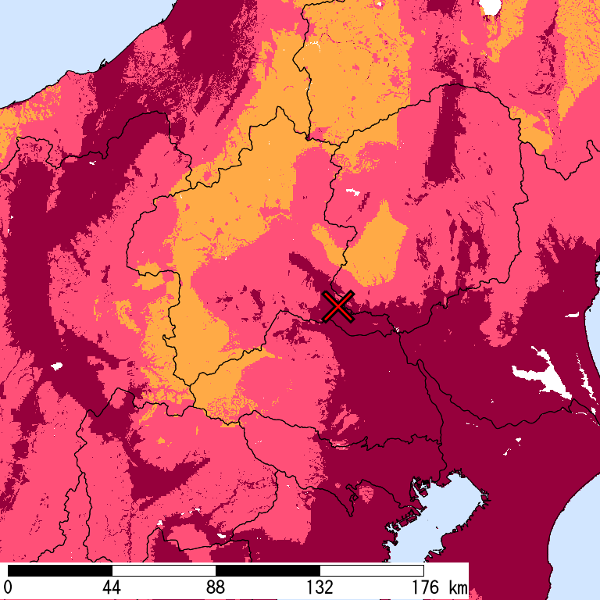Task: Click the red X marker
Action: (339, 306)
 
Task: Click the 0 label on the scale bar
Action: (8, 587)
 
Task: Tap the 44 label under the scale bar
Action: (112, 587)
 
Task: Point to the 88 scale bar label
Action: (216, 587)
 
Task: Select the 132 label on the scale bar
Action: (320, 587)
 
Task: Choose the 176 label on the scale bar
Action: (423, 587)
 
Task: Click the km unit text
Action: (458, 587)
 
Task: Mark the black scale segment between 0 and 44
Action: (59, 570)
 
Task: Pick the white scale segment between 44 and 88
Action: (163, 570)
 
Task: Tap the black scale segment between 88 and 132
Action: (267, 570)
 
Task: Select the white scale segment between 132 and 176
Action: (372, 570)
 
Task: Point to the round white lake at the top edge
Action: (490, 6)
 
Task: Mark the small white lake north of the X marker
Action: (350, 192)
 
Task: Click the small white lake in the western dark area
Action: (55, 366)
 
